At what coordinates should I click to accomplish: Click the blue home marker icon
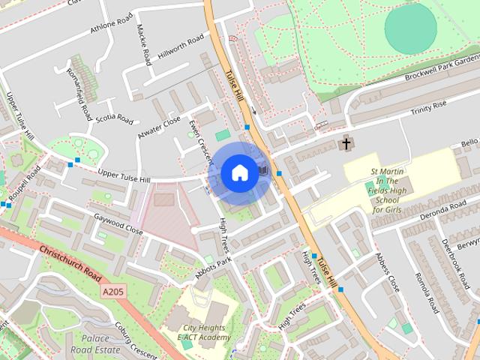(x=239, y=173)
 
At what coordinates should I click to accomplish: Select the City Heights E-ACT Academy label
(x=203, y=332)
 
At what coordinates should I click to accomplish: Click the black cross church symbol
(x=346, y=142)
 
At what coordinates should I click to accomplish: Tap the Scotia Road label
(x=114, y=118)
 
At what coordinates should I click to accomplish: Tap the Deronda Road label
(x=448, y=208)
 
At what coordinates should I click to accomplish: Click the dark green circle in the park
(x=410, y=28)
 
